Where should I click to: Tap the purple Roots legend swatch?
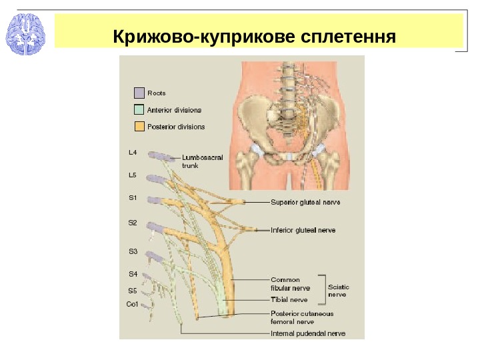139,93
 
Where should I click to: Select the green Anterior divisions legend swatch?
139,110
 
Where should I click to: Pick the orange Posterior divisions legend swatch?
139,127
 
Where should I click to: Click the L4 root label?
132,153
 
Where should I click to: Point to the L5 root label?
132,175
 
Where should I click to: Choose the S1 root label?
132,197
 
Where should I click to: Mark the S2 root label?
132,223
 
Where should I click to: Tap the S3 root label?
132,251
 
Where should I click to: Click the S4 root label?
132,274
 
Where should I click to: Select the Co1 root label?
132,304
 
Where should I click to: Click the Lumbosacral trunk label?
202,162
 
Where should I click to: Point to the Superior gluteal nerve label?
305,201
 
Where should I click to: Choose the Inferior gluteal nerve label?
303,231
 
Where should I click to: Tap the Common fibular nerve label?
290,284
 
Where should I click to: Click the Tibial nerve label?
289,300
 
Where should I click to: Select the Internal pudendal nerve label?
308,333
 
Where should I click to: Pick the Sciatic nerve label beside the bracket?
338,290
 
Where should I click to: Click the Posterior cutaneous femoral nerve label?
302,317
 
